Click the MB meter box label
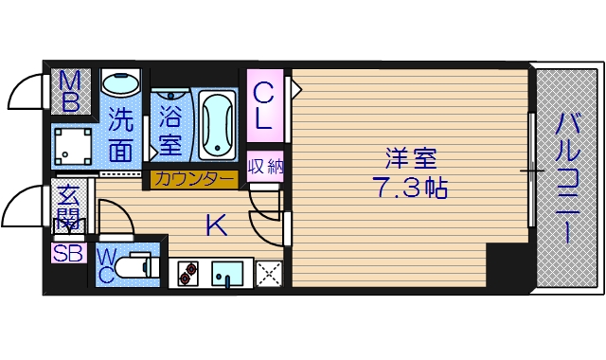click(70, 91)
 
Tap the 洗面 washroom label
click(120, 134)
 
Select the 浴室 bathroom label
click(169, 133)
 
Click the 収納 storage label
click(266, 167)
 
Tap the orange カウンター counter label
click(193, 178)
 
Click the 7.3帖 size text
click(408, 187)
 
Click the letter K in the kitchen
click(217, 225)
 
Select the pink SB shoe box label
click(68, 253)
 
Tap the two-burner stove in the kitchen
click(187, 274)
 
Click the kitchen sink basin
click(227, 274)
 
